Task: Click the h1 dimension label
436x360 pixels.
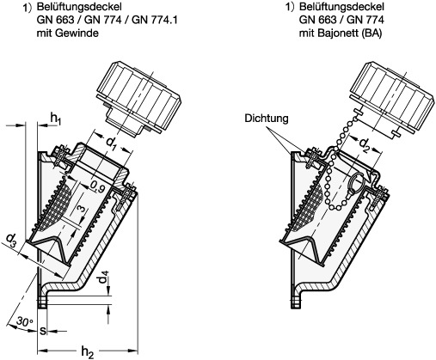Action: point(56,119)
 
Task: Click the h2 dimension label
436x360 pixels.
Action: point(88,351)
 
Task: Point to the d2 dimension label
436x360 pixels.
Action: point(365,143)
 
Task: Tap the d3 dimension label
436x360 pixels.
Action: point(11,240)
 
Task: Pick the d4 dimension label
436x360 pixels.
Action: point(105,281)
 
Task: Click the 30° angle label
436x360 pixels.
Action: point(24,321)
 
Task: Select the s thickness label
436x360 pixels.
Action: point(42,331)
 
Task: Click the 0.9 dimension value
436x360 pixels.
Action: point(97,187)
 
